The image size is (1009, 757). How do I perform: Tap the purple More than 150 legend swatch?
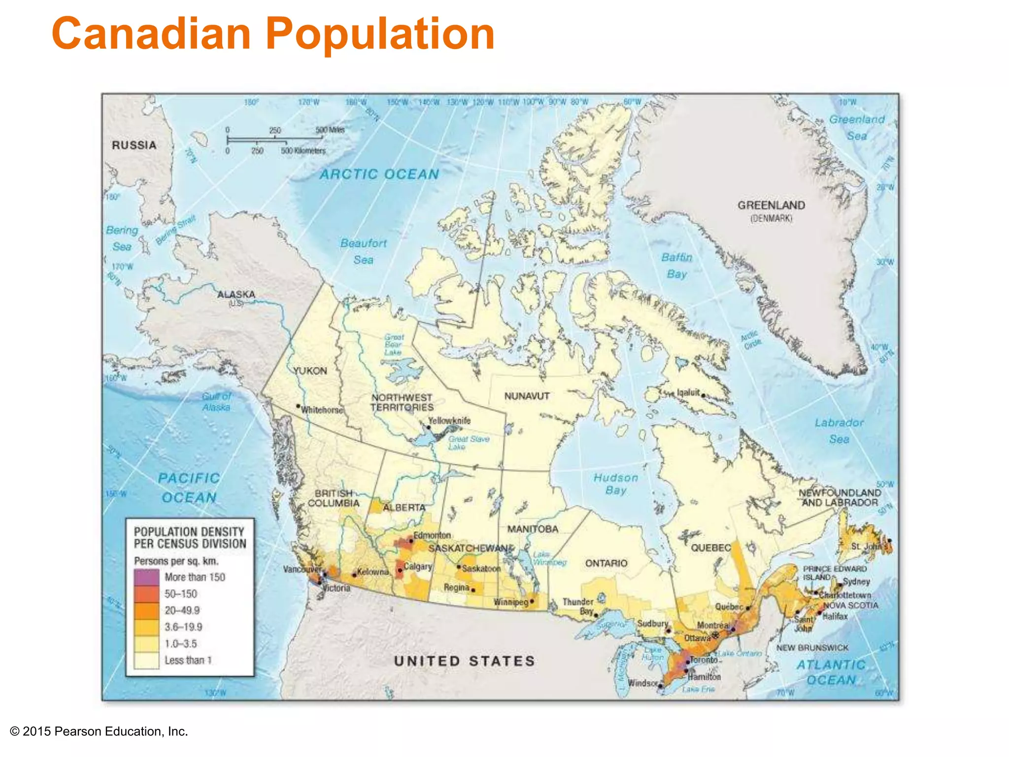tap(146, 577)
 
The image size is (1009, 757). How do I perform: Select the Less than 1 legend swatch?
tap(146, 660)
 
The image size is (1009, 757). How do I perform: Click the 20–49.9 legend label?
tap(182, 611)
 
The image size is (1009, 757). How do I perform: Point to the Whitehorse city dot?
tap(298, 406)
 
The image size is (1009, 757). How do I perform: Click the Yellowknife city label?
tap(449, 421)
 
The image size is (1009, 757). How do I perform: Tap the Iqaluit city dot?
tap(703, 395)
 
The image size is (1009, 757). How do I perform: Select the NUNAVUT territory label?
tap(527, 396)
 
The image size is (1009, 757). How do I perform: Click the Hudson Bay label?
tap(616, 483)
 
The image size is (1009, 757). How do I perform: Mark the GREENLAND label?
tap(771, 206)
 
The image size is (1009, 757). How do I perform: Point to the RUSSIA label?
tap(134, 145)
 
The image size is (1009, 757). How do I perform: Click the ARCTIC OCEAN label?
tap(379, 174)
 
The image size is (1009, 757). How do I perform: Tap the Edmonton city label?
tap(432, 535)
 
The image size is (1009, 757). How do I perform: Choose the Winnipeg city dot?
tap(532, 601)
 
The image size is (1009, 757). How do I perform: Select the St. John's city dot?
tap(889, 541)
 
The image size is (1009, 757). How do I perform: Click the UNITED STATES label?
tap(464, 661)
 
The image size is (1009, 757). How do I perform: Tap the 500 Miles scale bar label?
tap(330, 130)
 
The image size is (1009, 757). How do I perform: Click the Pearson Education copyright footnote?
tap(99, 731)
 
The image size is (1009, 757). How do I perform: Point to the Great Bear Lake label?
tap(393, 345)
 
